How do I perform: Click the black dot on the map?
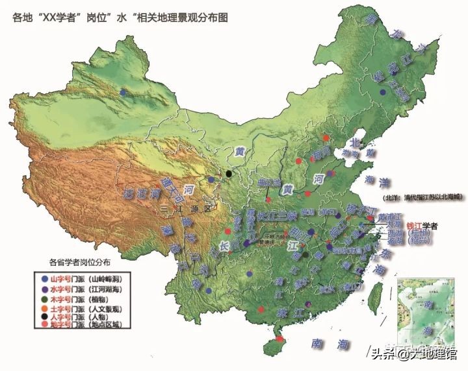(229, 173)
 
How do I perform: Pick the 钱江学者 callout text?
(422, 226)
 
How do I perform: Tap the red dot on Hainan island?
(280, 339)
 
